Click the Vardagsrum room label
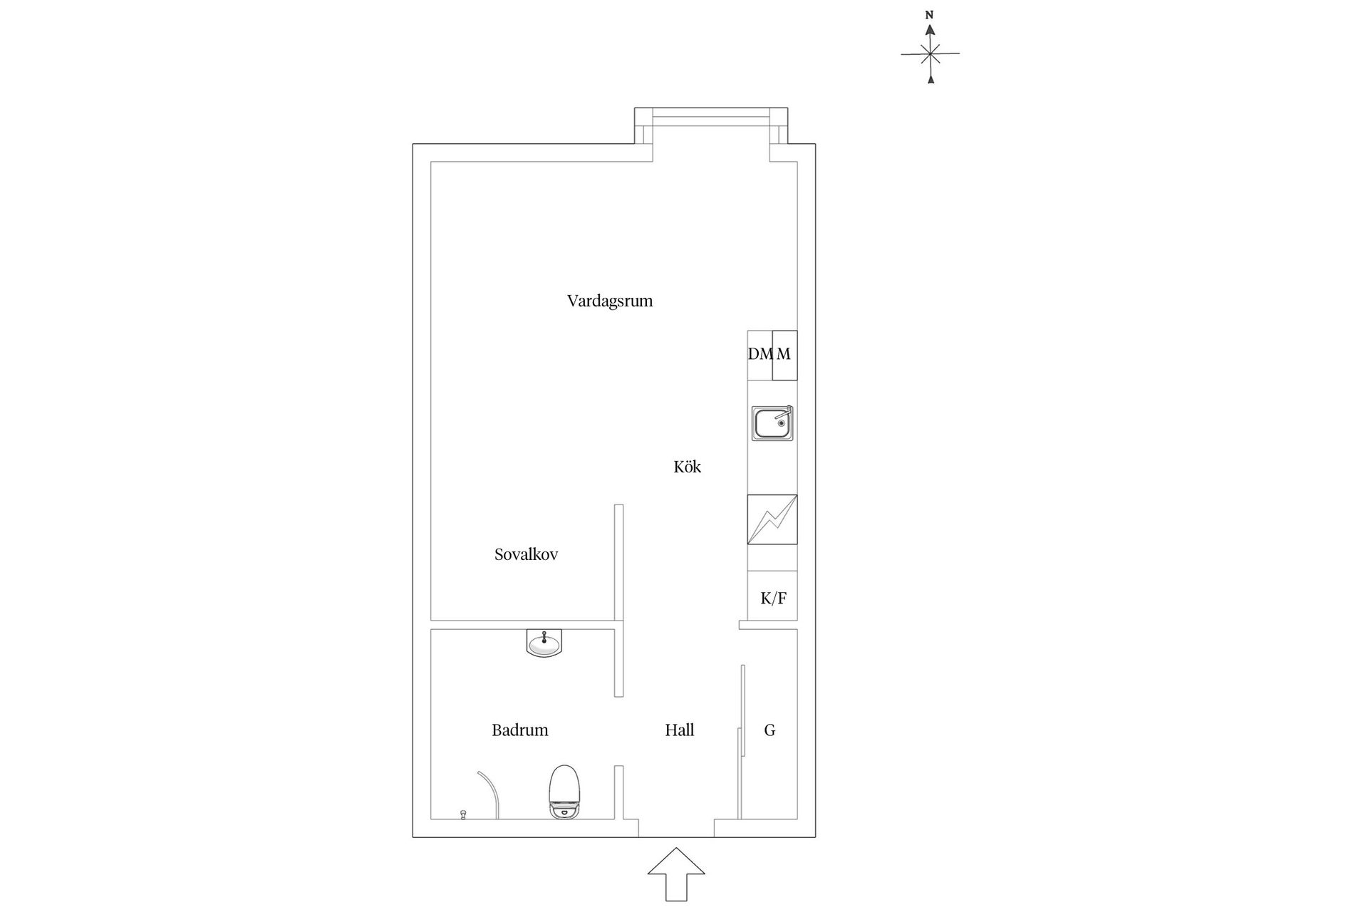[610, 301]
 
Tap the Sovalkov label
[526, 554]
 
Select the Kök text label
[688, 467]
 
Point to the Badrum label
[519, 730]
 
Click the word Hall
[679, 730]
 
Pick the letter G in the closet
[769, 730]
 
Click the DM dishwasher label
[760, 354]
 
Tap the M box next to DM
[784, 354]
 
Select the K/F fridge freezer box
[773, 598]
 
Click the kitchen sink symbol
[772, 423]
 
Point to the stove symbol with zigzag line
[772, 519]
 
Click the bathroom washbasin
[544, 643]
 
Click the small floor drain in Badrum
[463, 814]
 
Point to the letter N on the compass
[929, 15]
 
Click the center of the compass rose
[930, 53]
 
